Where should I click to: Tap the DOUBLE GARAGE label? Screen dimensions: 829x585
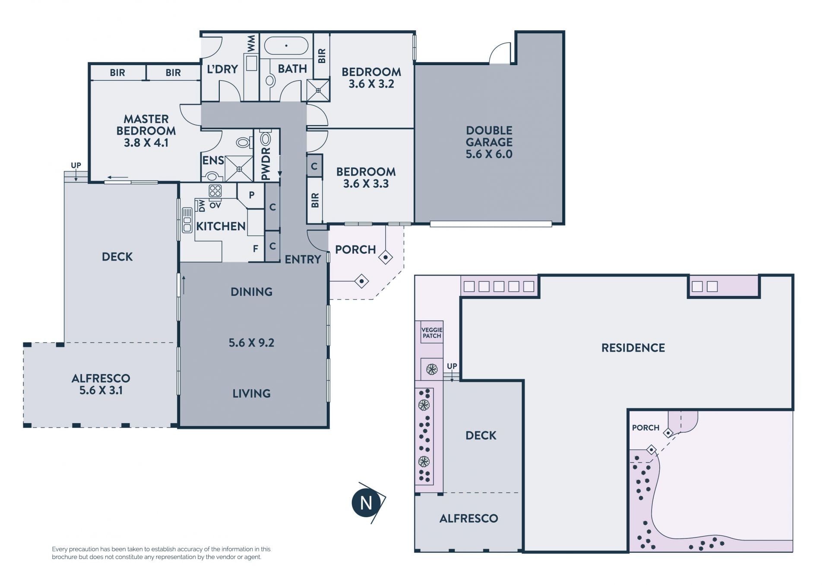tap(489, 136)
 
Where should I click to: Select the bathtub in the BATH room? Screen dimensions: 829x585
tap(286, 46)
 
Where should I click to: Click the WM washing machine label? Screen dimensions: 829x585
tap(251, 43)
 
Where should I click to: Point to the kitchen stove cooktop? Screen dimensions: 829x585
tap(215, 191)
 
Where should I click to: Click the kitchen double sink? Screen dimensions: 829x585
tap(187, 220)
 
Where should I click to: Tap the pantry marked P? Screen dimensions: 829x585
tap(252, 195)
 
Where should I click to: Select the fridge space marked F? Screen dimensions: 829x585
tap(256, 248)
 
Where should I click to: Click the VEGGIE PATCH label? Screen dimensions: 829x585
tap(432, 333)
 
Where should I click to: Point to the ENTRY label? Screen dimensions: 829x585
tap(303, 259)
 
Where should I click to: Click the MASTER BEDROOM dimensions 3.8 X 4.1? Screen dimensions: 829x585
tap(146, 143)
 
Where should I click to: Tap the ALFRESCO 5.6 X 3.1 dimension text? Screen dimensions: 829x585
tap(101, 390)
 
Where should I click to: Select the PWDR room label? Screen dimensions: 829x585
tap(266, 164)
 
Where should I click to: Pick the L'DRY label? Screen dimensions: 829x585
tap(222, 69)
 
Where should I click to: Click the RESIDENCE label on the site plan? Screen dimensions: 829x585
tap(633, 348)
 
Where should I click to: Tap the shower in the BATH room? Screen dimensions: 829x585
tap(318, 90)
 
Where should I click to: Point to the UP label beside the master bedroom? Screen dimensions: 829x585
tap(76, 165)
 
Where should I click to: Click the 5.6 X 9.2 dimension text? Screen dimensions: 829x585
tap(251, 343)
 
